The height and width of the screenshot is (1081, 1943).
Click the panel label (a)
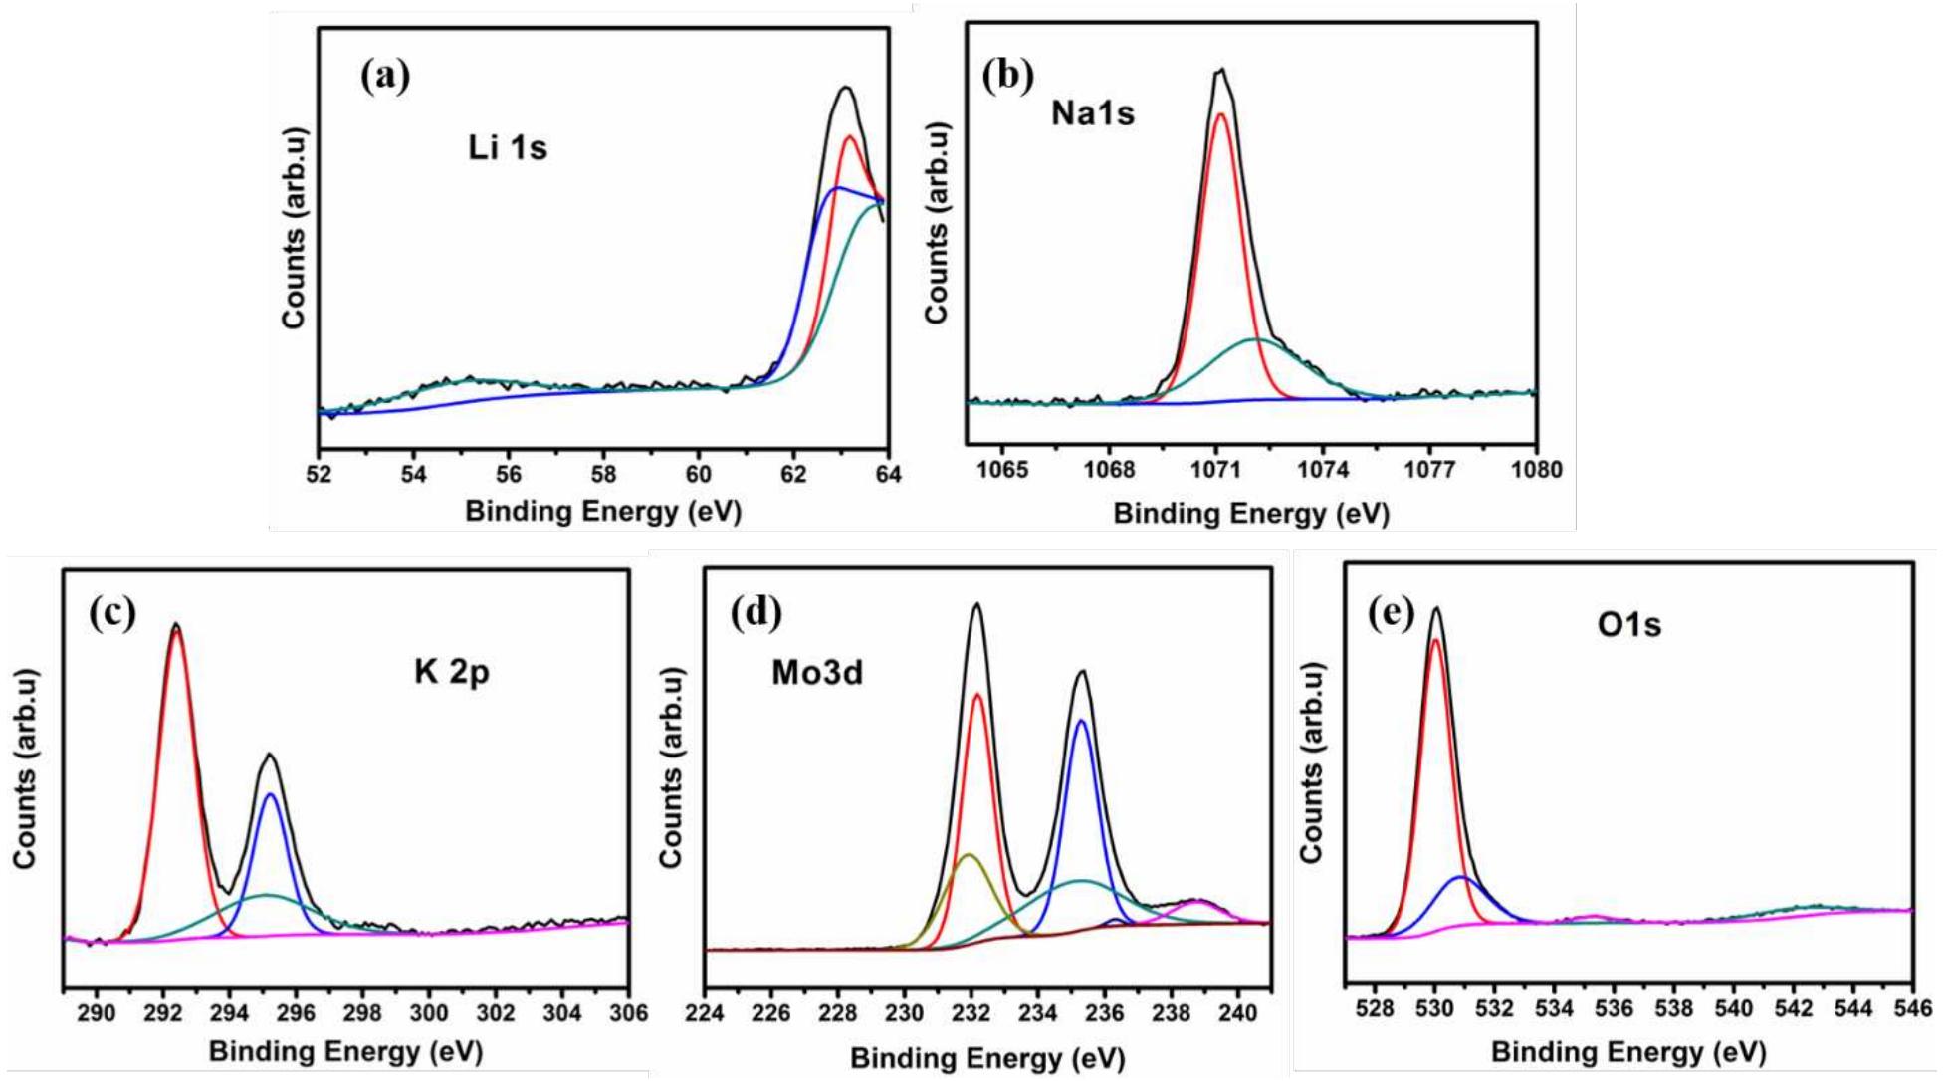pyautogui.click(x=385, y=77)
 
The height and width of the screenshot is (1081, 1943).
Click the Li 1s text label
pyautogui.click(x=508, y=148)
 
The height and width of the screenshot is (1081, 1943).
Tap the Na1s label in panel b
pyautogui.click(x=1092, y=113)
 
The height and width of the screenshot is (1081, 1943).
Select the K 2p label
pyautogui.click(x=452, y=673)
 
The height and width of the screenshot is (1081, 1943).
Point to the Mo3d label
pyautogui.click(x=817, y=674)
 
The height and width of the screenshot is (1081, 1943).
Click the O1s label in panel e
pyautogui.click(x=1628, y=625)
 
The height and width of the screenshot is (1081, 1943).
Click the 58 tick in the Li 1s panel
pyautogui.click(x=604, y=474)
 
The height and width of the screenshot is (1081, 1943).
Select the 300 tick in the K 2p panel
pyautogui.click(x=429, y=1013)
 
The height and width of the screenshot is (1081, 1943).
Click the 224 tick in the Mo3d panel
pyautogui.click(x=705, y=1013)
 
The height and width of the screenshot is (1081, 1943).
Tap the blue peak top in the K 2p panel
pyautogui.click(x=270, y=794)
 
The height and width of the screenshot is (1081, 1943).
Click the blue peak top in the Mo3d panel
pyautogui.click(x=1081, y=720)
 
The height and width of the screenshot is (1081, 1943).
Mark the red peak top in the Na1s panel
pyautogui.click(x=1220, y=114)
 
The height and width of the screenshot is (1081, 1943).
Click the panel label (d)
pyautogui.click(x=756, y=612)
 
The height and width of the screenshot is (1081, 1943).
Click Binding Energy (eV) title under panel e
pyautogui.click(x=1627, y=1051)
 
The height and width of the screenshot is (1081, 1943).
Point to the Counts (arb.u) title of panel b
pyautogui.click(x=937, y=223)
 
